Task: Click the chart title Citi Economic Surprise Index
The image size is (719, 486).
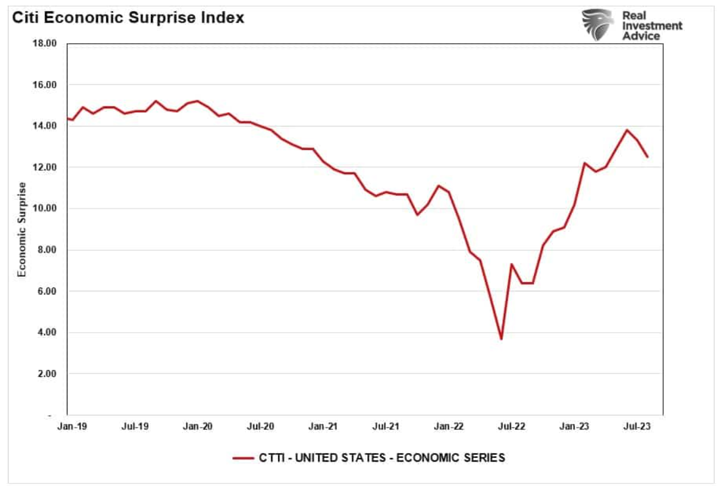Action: point(127,18)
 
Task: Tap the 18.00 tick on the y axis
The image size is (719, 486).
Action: point(43,44)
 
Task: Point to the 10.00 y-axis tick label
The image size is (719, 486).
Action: point(43,209)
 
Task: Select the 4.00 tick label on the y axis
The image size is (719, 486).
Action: point(45,333)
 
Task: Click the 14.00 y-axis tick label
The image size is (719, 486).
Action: point(43,126)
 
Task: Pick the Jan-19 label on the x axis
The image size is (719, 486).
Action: point(72,426)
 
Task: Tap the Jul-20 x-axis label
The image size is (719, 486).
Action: point(261,426)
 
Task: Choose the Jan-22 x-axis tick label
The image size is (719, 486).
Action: point(449,426)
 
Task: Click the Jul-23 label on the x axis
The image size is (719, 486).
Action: point(637,426)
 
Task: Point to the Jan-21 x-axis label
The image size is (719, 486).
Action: point(324,426)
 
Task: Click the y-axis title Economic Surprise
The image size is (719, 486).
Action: point(22,230)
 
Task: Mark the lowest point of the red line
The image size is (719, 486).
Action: point(501,339)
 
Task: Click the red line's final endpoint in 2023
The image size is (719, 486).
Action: point(647,157)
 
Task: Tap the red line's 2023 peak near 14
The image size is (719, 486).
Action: point(627,130)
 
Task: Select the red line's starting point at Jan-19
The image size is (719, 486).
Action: point(68,119)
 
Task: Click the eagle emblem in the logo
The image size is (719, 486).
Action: point(598,24)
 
